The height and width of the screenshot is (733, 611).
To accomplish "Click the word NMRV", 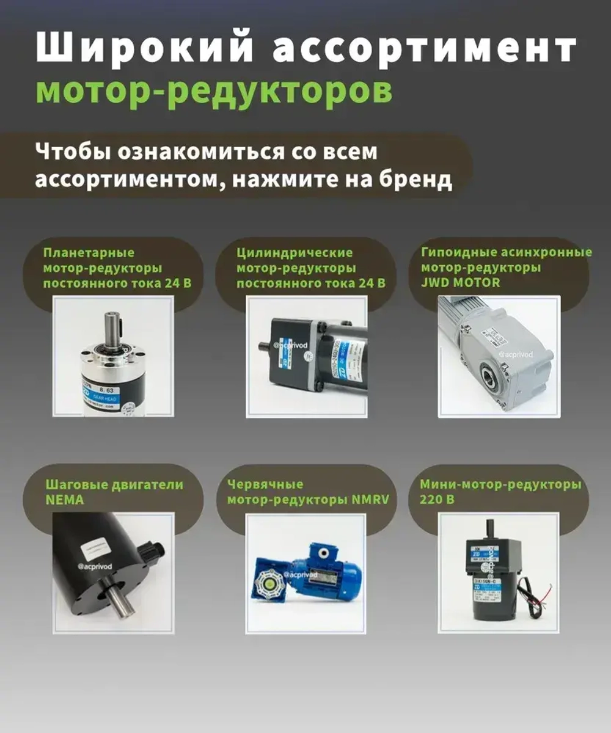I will [370, 500].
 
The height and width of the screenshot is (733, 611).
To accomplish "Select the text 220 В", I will [436, 500].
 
